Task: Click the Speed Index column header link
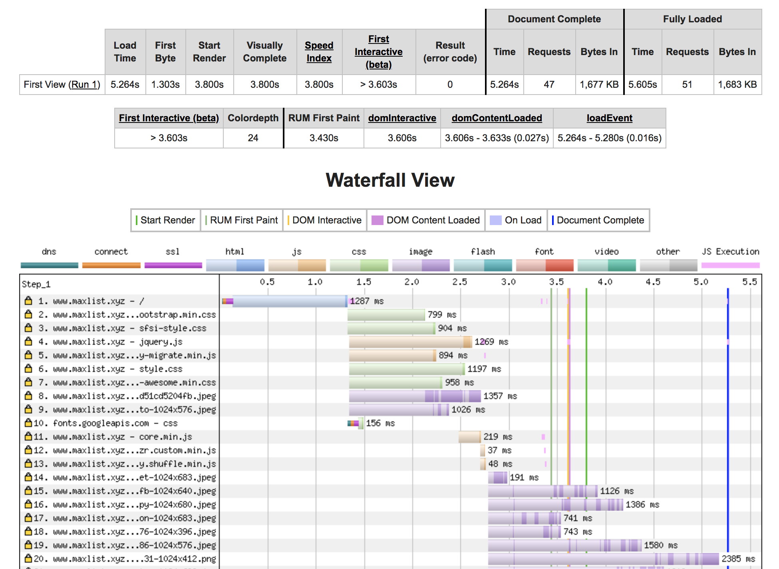319,52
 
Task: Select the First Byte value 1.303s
165,85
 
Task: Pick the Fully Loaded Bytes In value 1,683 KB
737,85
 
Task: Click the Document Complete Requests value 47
549,85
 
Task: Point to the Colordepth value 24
253,138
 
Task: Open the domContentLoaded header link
497,118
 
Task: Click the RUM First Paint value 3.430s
324,138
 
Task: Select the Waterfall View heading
390,180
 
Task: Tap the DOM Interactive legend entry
324,220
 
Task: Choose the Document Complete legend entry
598,220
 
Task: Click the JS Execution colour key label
731,252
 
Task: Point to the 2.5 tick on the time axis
460,282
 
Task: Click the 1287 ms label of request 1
367,301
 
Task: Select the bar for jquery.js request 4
410,342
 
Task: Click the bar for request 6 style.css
407,369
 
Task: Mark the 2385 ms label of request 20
738,559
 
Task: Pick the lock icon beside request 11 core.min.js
28,437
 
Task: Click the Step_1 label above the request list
36,284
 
